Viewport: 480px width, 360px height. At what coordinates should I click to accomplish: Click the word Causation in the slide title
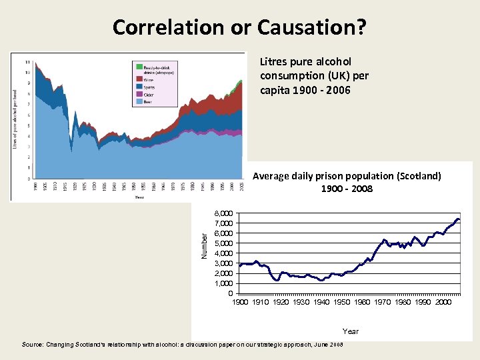(318, 27)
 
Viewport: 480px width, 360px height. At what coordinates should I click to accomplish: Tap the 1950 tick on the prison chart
(341, 303)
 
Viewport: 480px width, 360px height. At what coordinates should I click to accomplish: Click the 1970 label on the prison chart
(382, 303)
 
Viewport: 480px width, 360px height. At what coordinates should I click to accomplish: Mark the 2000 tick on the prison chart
(443, 303)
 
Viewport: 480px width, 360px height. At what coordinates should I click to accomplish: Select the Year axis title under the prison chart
(350, 331)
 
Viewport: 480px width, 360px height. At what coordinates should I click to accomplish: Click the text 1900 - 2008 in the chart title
(347, 189)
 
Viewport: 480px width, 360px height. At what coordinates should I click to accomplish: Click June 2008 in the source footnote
(329, 345)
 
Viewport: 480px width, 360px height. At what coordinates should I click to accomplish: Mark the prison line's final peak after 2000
(457, 219)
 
